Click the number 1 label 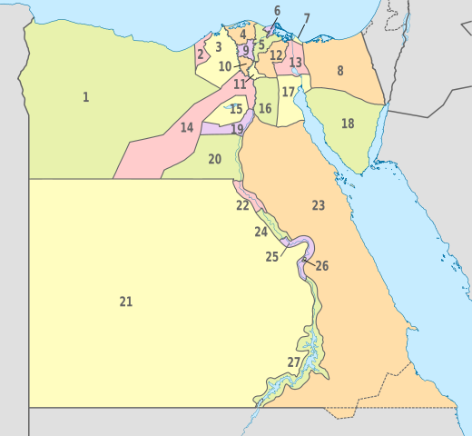pyautogui.click(x=86, y=97)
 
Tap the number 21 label pyautogui.click(x=126, y=302)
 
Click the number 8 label pyautogui.click(x=340, y=71)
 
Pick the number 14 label pyautogui.click(x=187, y=128)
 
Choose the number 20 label pyautogui.click(x=214, y=159)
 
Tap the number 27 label pyautogui.click(x=293, y=362)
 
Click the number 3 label pyautogui.click(x=219, y=47)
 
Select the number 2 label pyautogui.click(x=201, y=54)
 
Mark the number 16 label pyautogui.click(x=265, y=109)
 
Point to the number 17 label pyautogui.click(x=289, y=93)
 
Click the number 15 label pyautogui.click(x=236, y=110)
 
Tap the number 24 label pyautogui.click(x=261, y=233)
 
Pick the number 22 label pyautogui.click(x=242, y=206)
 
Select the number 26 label pyautogui.click(x=322, y=266)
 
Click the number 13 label pyautogui.click(x=296, y=63)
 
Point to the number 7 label pyautogui.click(x=307, y=19)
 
